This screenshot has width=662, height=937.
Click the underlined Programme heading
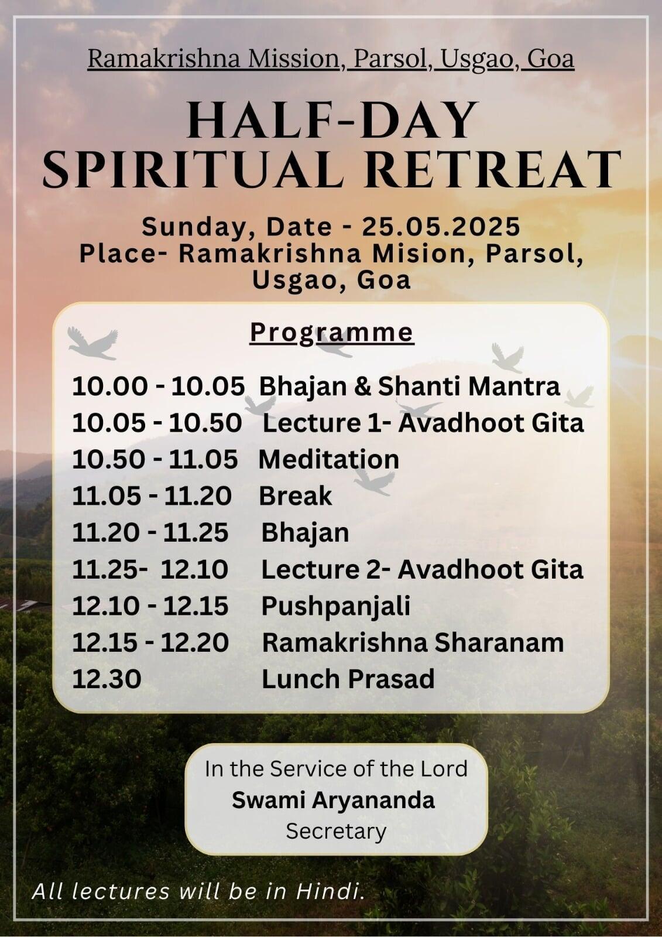(x=332, y=334)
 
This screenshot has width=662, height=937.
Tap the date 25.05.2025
(x=441, y=227)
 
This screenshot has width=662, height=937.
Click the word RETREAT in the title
(x=493, y=170)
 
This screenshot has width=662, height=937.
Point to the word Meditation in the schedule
(x=329, y=459)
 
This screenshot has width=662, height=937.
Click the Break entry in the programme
(x=295, y=496)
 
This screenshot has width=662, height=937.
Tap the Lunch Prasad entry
(x=348, y=679)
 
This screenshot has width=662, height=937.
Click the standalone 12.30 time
(x=107, y=679)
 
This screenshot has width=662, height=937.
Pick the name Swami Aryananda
(x=333, y=801)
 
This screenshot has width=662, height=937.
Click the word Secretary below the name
(x=336, y=832)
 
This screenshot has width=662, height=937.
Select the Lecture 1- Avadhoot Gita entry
(x=423, y=423)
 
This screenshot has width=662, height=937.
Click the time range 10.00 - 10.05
(x=158, y=386)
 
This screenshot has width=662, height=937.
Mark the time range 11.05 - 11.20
(x=152, y=496)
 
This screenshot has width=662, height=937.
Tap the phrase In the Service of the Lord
(x=336, y=769)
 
